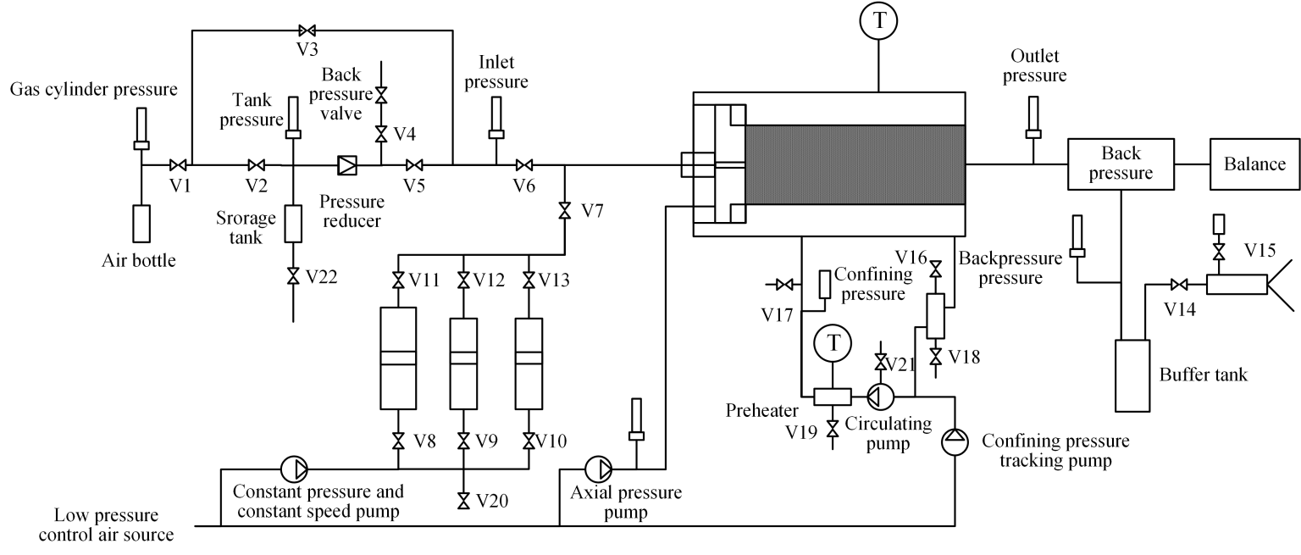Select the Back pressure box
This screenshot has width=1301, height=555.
(1121, 164)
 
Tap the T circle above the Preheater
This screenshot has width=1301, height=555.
(834, 343)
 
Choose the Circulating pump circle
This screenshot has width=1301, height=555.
(878, 396)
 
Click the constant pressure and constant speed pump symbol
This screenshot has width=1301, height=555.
(296, 468)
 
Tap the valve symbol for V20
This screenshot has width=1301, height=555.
(463, 501)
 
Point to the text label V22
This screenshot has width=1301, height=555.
(323, 276)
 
